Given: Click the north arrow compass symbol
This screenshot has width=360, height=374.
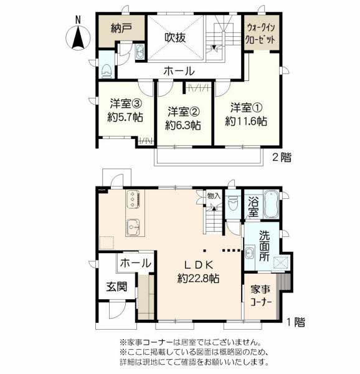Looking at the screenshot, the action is click(78, 36).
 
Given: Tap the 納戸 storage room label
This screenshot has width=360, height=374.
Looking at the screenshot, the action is click(121, 28).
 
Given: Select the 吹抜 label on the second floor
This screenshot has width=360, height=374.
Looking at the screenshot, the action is click(176, 37).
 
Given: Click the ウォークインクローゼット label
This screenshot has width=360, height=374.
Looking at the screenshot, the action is click(261, 34).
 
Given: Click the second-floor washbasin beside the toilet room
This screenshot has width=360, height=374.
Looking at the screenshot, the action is click(140, 52).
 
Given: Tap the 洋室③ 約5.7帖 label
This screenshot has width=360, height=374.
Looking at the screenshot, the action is click(125, 110).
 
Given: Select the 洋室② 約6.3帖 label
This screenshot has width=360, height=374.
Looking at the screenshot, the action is click(183, 118).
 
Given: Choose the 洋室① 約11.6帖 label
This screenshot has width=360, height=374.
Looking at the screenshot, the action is click(246, 115).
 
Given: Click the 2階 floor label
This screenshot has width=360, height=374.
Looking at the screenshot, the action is click(282, 157).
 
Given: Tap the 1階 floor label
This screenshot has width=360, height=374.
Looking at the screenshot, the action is click(295, 322).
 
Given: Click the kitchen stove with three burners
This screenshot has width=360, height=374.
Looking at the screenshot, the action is click(133, 199).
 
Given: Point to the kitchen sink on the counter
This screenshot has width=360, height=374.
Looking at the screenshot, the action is click(133, 228).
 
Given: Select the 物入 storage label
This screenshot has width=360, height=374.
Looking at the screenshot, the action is click(214, 196).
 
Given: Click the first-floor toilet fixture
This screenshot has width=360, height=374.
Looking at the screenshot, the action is click(232, 203).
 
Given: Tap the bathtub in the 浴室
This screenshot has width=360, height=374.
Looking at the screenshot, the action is click(271, 204).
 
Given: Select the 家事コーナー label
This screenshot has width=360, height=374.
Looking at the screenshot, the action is click(261, 296).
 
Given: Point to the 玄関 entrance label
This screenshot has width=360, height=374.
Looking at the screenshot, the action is click(116, 287).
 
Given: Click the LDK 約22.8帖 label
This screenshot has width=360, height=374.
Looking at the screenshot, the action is click(199, 271).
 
